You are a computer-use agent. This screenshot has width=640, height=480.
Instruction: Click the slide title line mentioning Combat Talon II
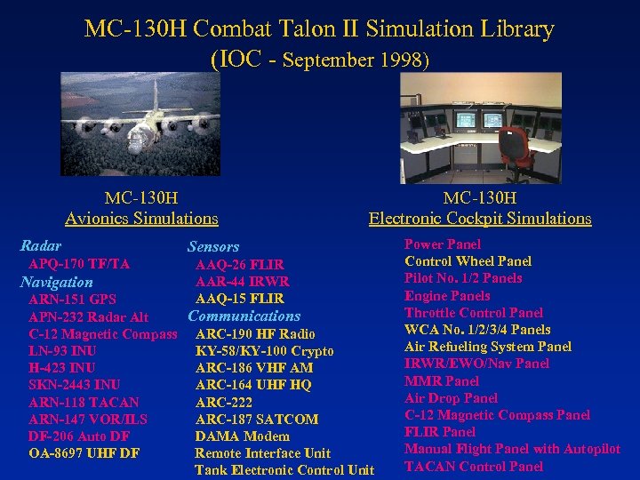click(x=319, y=28)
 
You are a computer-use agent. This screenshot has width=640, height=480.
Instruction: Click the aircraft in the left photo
click(x=142, y=120)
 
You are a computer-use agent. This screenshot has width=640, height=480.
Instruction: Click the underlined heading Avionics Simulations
click(x=141, y=218)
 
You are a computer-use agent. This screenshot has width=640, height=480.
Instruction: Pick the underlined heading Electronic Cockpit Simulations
click(x=480, y=218)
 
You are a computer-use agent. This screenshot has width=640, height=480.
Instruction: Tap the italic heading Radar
click(x=41, y=245)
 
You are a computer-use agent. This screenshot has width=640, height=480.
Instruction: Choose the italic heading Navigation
click(x=57, y=282)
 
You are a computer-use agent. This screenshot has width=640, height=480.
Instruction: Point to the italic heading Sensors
click(x=213, y=246)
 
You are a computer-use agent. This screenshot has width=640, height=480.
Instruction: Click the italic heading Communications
click(x=244, y=316)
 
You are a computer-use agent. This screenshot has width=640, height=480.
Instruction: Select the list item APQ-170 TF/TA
click(x=79, y=264)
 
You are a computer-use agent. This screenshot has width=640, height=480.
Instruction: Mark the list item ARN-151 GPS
click(x=72, y=300)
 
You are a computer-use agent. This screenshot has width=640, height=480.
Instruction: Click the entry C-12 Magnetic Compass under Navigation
click(x=103, y=334)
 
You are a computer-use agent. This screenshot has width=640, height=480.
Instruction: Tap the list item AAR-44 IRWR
click(x=242, y=282)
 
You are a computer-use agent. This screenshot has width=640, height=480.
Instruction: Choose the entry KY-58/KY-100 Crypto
click(x=265, y=351)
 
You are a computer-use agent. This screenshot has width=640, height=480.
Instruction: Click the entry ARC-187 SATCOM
click(x=257, y=419)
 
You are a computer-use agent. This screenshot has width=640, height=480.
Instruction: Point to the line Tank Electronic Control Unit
click(x=284, y=470)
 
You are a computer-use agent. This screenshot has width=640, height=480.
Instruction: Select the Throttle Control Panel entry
click(x=474, y=312)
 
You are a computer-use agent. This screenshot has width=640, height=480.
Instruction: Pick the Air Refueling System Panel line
click(x=488, y=347)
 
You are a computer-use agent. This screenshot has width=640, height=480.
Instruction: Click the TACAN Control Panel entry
click(x=474, y=466)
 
